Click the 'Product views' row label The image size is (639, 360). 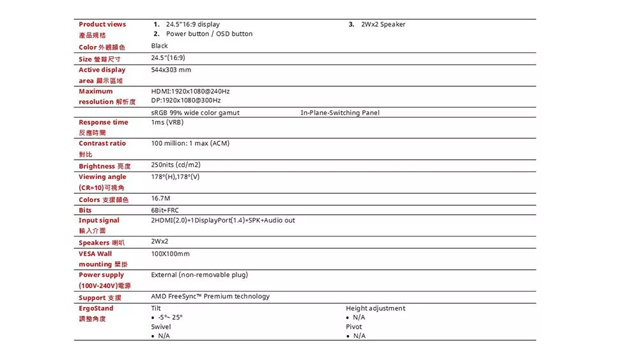102,24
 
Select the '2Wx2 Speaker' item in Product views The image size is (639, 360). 383,24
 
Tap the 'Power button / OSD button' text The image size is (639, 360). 209,34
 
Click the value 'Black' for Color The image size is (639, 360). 160,46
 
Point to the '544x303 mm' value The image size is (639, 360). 171,70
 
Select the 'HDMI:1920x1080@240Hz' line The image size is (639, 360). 190,91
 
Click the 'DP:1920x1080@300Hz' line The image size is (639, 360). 186,101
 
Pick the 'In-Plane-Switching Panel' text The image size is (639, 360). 340,113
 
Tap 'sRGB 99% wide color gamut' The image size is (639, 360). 196,113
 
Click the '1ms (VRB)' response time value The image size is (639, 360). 167,122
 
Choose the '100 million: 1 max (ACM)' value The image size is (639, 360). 190,143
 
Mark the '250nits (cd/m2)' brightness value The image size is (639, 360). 176,165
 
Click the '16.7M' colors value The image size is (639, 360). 161,198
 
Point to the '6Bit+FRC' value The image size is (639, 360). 165,210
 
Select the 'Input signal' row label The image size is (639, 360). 99,221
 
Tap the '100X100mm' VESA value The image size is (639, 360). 171,254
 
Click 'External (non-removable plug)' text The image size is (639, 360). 199,275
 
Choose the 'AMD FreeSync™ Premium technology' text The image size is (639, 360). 210,297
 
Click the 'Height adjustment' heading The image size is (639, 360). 376,308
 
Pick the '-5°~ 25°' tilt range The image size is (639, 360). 169,318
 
